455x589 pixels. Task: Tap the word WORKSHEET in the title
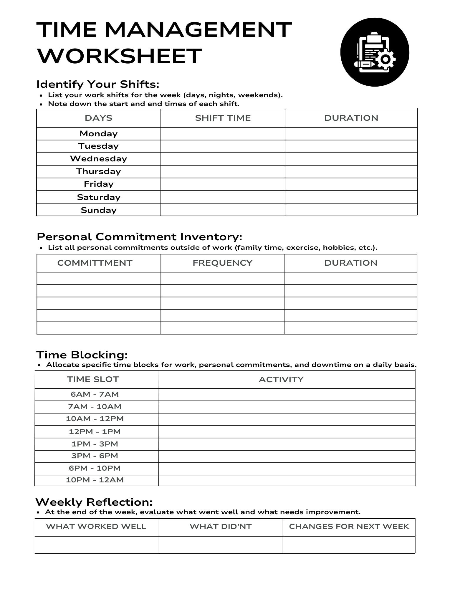[x=120, y=56]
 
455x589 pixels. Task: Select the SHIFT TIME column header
[x=223, y=118]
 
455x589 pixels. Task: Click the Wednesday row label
[x=98, y=159]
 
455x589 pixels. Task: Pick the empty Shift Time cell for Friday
[x=223, y=184]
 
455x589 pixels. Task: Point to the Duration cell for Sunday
[x=351, y=210]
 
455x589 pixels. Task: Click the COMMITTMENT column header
[x=95, y=263]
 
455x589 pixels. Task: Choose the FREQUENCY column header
[x=222, y=263]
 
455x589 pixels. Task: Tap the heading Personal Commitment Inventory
[x=139, y=237]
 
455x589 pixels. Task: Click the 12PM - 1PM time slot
[x=95, y=432]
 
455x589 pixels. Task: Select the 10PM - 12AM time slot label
[x=95, y=480]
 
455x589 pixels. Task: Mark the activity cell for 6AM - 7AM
[x=287, y=395]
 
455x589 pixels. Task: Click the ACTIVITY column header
[x=281, y=379]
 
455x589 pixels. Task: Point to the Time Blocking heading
[x=82, y=355]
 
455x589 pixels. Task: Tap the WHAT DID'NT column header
[x=221, y=527]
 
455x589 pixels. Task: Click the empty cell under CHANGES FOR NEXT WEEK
[x=349, y=545]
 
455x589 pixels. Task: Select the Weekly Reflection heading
[x=94, y=502]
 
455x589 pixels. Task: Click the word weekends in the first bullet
[x=258, y=95]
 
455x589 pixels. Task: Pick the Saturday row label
[x=99, y=197]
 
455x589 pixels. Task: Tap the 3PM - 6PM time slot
[x=95, y=456]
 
